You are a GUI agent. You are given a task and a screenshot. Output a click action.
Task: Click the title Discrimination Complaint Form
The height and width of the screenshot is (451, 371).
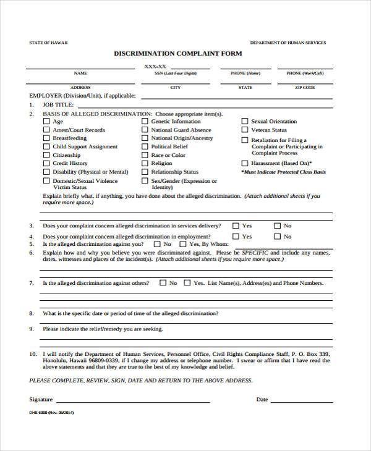[x=177, y=54]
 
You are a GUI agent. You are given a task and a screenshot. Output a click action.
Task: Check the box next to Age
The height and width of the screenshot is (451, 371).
[x=46, y=122]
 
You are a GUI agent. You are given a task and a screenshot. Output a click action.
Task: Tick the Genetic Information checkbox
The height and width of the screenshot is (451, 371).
[x=145, y=122]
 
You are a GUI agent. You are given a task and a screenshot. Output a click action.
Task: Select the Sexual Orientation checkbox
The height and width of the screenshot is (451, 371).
[x=244, y=122]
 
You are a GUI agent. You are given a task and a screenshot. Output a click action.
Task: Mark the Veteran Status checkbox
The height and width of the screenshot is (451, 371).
[x=244, y=130]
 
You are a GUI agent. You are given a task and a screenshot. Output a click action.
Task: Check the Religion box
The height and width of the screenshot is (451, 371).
[x=145, y=164]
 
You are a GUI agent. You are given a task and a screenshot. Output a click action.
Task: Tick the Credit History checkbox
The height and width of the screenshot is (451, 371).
[x=46, y=164]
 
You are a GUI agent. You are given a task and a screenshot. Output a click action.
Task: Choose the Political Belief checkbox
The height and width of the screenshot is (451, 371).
[x=145, y=147]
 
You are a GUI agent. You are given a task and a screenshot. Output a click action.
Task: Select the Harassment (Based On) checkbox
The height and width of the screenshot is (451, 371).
[x=244, y=164]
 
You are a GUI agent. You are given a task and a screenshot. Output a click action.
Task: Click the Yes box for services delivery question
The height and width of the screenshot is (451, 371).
[x=235, y=226]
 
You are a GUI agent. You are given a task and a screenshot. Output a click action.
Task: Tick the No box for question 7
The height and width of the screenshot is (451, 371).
[x=163, y=283]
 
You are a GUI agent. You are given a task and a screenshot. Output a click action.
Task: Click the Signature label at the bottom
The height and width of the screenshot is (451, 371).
[x=41, y=399]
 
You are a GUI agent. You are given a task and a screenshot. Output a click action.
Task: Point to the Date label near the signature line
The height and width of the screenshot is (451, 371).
[x=262, y=400]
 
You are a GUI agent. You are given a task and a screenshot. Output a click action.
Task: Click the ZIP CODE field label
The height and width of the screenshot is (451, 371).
[x=305, y=88]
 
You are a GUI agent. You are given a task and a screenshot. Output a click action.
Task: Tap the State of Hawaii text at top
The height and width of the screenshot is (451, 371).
[x=49, y=43]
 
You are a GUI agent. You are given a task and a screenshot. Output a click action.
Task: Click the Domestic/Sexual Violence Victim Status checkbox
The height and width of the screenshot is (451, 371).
[x=46, y=181]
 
